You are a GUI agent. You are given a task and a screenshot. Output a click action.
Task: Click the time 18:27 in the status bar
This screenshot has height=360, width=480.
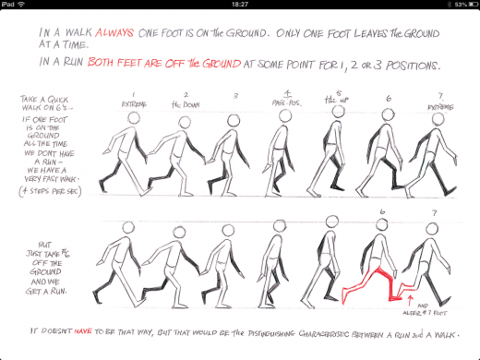coord(239,5)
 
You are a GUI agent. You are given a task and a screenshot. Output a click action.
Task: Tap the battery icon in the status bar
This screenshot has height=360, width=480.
coord(468,5)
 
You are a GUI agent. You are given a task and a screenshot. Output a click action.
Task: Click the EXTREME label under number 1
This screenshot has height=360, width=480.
coord(133,104)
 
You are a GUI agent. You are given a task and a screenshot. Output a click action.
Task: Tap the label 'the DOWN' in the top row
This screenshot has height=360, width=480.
coord(186,104)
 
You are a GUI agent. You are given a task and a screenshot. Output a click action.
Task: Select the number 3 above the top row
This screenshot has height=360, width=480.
coord(236,95)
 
